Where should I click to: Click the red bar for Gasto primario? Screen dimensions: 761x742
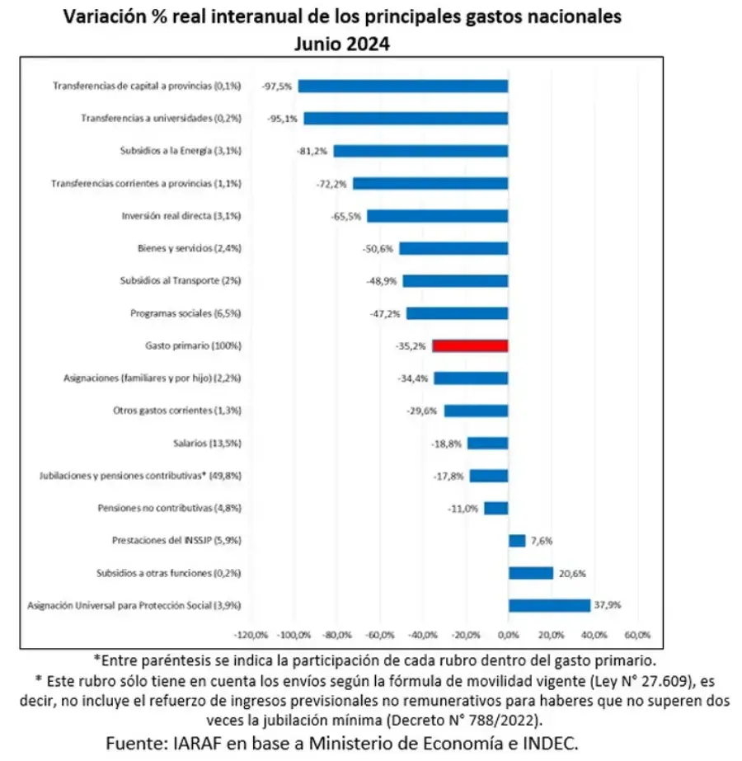(x=470, y=346)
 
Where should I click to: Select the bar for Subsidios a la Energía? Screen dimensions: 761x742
(x=420, y=151)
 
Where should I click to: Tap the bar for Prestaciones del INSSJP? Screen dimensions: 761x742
(x=517, y=541)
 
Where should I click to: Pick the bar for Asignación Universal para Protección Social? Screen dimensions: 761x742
(x=549, y=605)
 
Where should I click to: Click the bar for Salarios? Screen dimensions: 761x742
(x=488, y=444)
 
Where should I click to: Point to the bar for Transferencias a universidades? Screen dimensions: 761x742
(x=406, y=119)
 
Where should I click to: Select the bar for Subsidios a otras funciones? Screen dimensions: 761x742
(x=530, y=573)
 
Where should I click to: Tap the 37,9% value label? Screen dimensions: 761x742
(x=607, y=605)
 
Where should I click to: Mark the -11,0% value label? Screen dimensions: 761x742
(x=464, y=509)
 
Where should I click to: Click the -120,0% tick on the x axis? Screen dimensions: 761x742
(x=251, y=636)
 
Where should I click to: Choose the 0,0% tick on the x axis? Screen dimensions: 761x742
(x=509, y=636)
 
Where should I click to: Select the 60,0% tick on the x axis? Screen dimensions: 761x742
(x=637, y=636)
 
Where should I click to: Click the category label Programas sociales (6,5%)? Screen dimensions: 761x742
(x=185, y=313)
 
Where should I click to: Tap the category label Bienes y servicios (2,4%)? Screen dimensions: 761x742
(x=189, y=248)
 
